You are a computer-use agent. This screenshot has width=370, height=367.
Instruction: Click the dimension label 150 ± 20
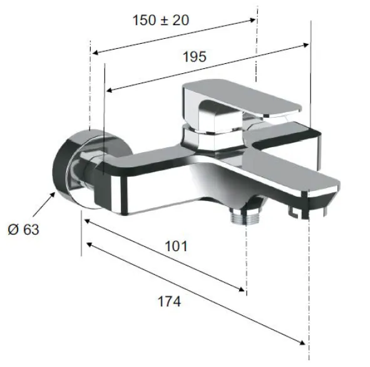click(x=161, y=20)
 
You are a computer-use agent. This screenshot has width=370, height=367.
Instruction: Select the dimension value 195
click(x=195, y=57)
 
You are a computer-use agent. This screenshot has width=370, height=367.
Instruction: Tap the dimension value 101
click(x=177, y=246)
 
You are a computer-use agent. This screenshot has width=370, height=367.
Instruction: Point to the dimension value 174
click(x=169, y=301)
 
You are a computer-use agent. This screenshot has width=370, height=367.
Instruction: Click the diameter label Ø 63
click(x=23, y=229)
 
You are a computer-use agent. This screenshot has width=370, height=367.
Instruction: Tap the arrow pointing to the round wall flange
click(x=44, y=204)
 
